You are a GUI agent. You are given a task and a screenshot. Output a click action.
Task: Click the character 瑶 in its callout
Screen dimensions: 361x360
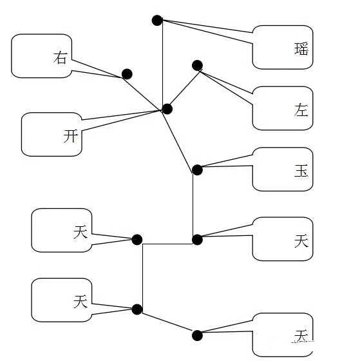[x=301, y=49]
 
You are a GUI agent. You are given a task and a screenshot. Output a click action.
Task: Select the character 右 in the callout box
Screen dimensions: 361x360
[x=60, y=58]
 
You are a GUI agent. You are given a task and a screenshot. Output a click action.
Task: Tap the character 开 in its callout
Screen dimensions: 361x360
[x=71, y=135]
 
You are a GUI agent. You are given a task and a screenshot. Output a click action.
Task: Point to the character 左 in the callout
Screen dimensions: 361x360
[x=301, y=110]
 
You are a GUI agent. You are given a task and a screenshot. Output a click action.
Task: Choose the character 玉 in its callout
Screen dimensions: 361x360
[x=301, y=171]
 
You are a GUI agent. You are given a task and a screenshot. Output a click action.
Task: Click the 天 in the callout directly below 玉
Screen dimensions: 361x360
[x=301, y=240]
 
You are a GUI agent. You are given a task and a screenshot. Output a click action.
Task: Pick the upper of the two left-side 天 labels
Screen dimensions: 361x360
[x=80, y=232]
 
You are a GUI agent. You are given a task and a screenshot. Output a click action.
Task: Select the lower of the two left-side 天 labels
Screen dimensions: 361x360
[x=80, y=301]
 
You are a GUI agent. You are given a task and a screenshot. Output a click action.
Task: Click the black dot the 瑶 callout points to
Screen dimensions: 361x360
[x=157, y=20]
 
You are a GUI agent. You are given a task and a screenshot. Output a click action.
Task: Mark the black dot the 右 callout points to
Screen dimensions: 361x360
[x=127, y=74]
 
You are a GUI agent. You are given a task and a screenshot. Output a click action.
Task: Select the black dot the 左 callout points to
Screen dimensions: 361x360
[x=197, y=65]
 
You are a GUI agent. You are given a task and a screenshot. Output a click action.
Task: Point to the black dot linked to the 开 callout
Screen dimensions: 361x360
[x=167, y=109]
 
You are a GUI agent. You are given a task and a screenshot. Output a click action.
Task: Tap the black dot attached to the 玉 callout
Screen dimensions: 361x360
[x=197, y=170]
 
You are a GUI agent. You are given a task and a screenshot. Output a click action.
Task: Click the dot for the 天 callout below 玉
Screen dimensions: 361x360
[x=197, y=240]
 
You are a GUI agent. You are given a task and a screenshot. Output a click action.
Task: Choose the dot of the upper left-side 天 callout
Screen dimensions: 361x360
[x=137, y=240]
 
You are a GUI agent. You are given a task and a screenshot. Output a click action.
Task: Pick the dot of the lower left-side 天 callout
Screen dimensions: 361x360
[x=137, y=309]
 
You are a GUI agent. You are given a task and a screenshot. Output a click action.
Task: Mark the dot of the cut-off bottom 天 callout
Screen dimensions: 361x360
[x=197, y=335]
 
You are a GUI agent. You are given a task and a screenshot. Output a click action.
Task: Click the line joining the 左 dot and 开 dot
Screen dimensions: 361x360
[x=182, y=87]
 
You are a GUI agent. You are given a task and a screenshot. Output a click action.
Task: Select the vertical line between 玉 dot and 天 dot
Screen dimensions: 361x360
[x=193, y=205]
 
